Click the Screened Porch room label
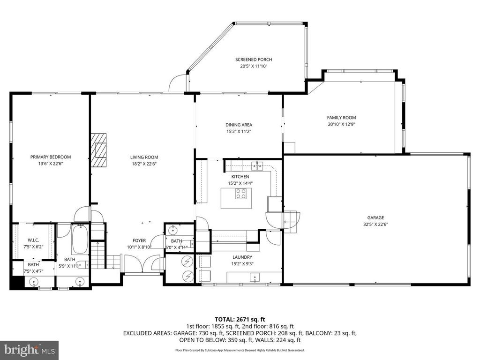(x=254, y=60)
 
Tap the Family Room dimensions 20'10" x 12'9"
(x=341, y=125)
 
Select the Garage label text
(x=375, y=217)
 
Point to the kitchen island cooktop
(x=241, y=194)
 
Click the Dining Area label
(x=239, y=125)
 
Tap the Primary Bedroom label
(x=51, y=157)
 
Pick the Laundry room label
(x=242, y=257)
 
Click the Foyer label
(x=139, y=240)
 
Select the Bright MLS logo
(x=29, y=350)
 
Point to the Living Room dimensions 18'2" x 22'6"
(x=144, y=164)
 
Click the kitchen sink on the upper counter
(x=256, y=165)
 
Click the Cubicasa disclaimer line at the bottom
(x=240, y=350)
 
